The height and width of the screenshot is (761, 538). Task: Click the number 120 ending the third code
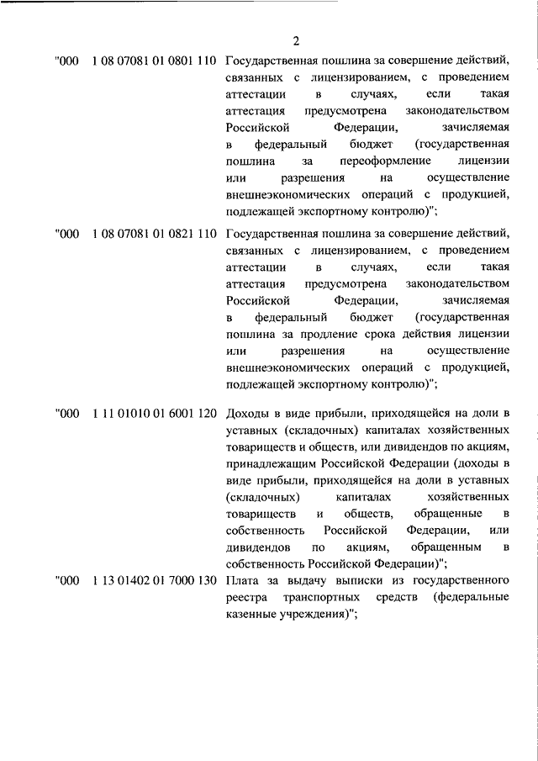208,414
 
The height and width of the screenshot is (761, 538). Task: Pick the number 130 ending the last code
208,582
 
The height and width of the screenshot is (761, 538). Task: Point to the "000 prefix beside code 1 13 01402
66,582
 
